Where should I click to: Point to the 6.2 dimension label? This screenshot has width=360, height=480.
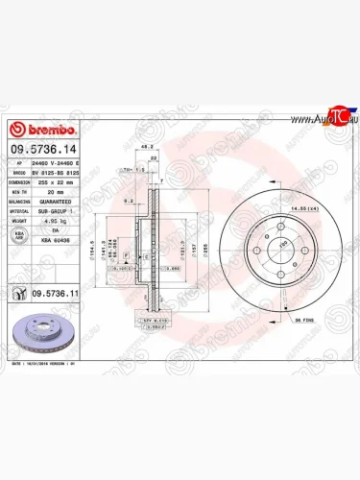pyautogui.click(x=128, y=202)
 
